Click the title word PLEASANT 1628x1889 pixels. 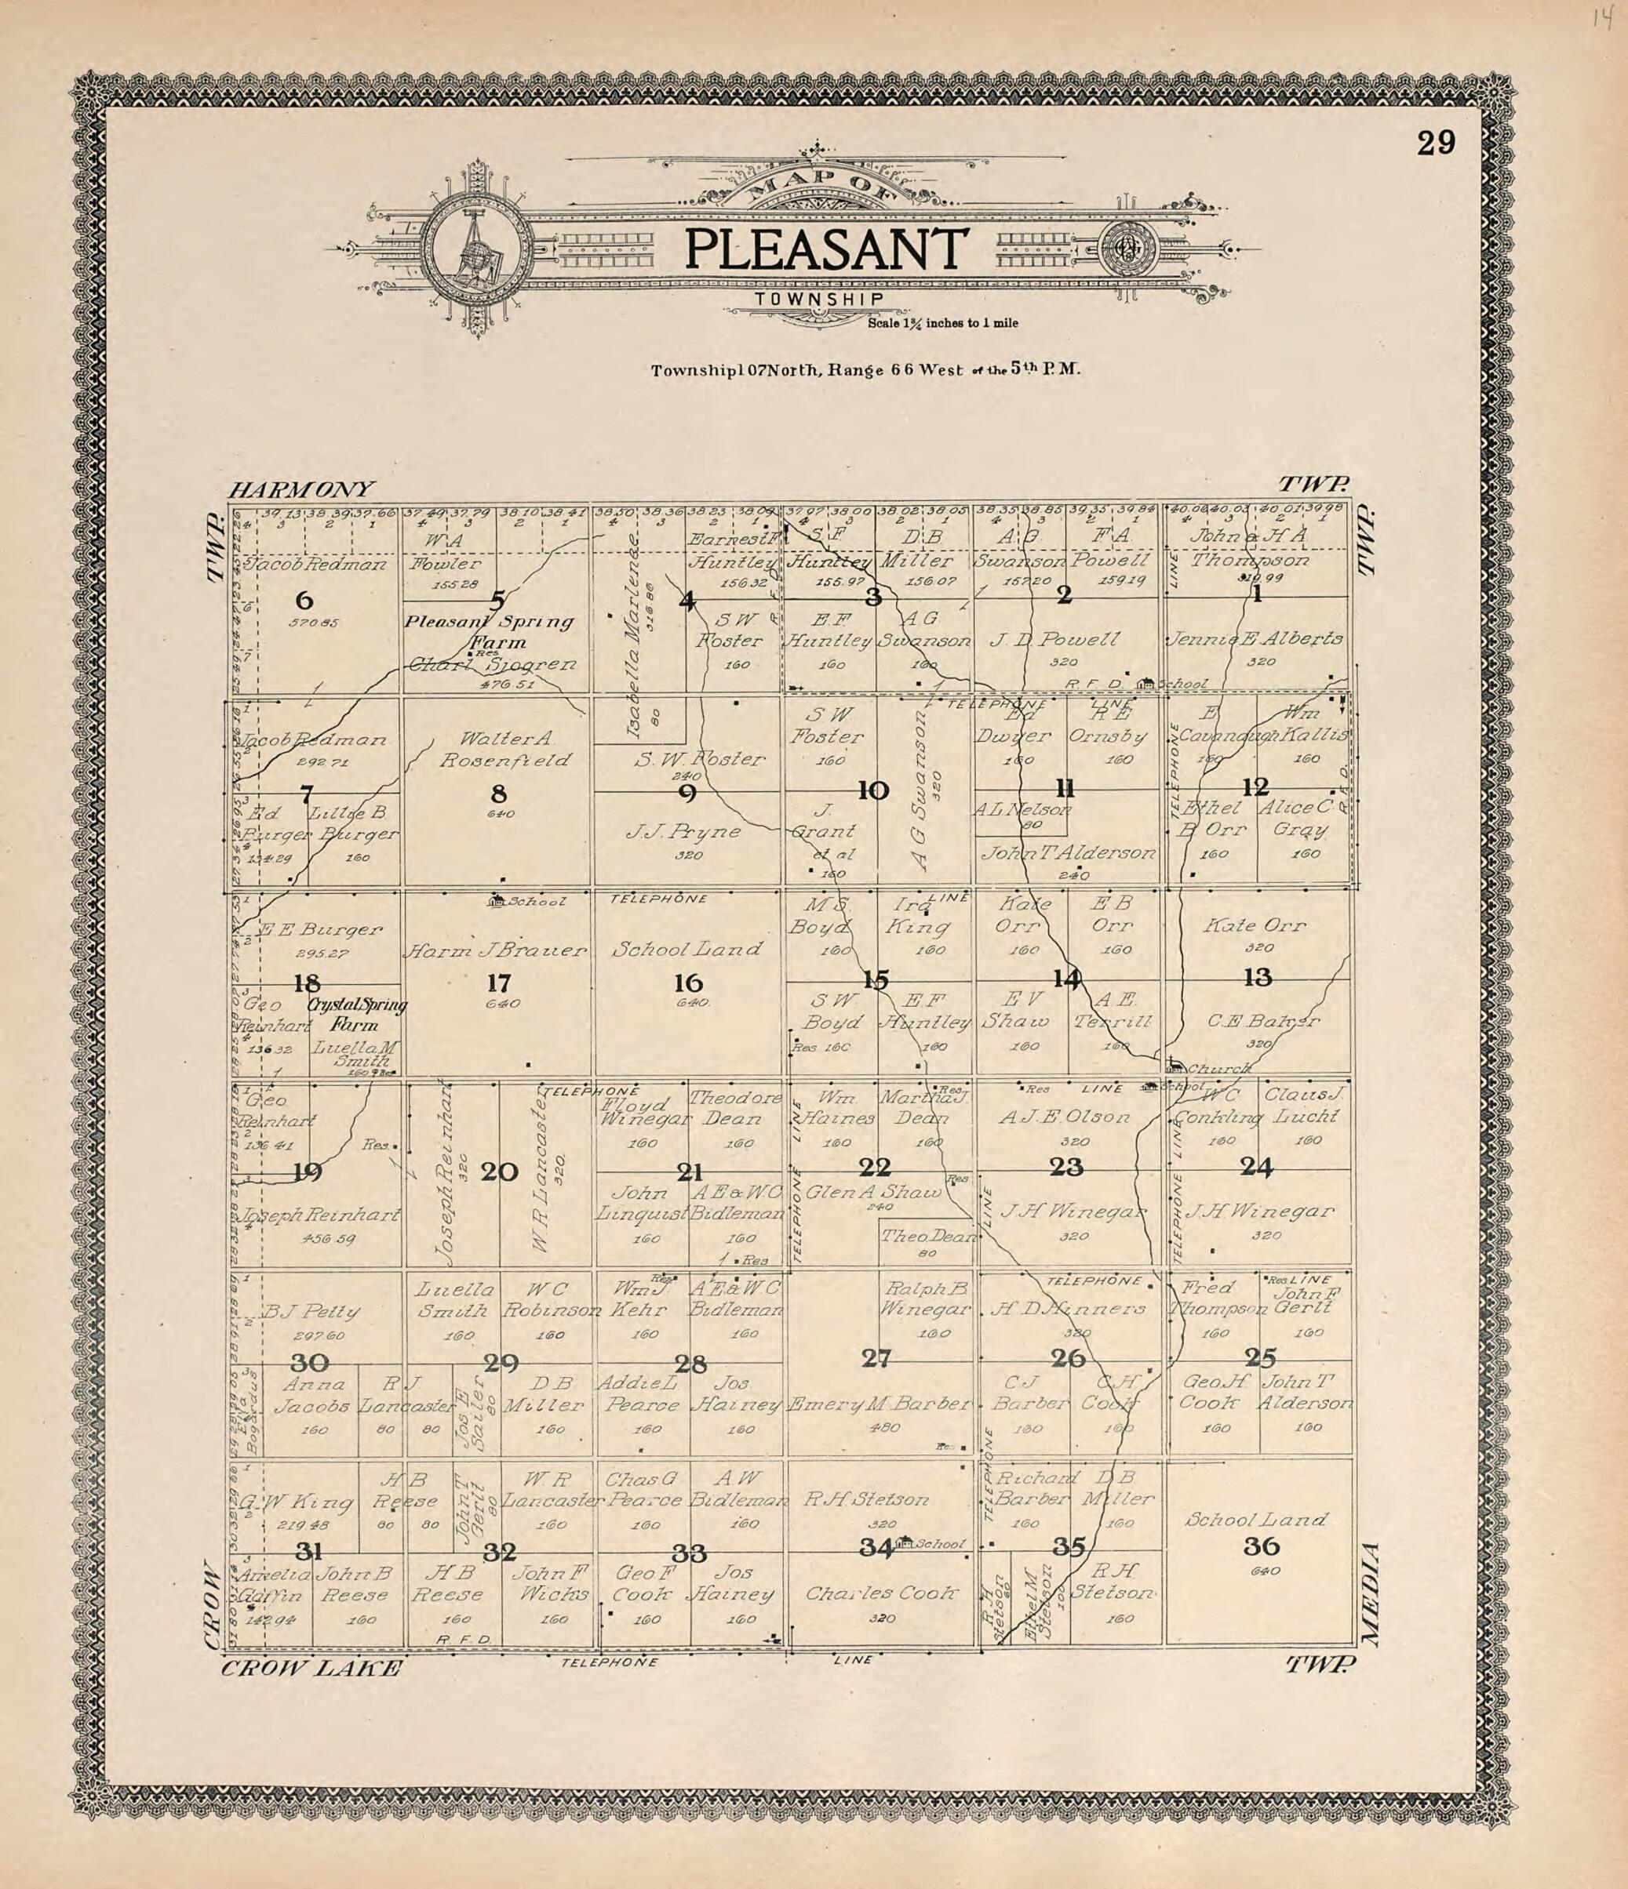(825, 250)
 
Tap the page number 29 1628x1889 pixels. (1436, 144)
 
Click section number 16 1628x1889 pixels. (689, 983)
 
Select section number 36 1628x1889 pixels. (1261, 1546)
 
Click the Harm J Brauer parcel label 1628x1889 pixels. (496, 950)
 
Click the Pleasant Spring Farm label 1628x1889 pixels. (490, 631)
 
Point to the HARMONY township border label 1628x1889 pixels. (301, 489)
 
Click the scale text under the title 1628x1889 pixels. (943, 323)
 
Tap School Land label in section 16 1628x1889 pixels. (687, 949)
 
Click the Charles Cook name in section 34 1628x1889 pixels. (881, 1593)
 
